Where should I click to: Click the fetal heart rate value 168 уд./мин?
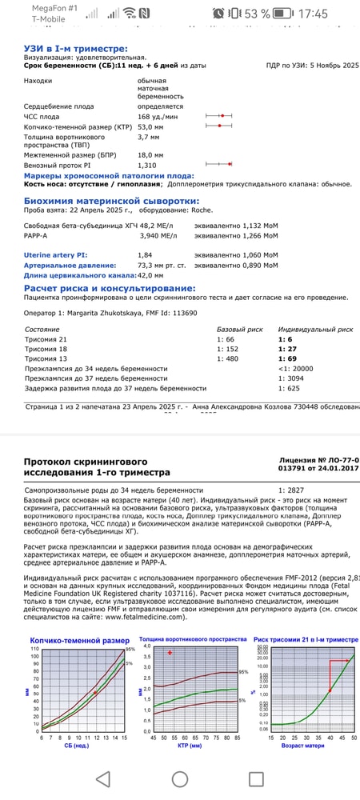(x=161, y=116)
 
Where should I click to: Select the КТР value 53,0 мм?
(x=153, y=126)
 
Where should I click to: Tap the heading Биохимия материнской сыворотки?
(x=100, y=202)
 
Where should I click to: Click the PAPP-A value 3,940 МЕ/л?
(x=162, y=236)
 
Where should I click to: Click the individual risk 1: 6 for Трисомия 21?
(x=284, y=339)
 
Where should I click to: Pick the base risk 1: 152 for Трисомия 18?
(x=228, y=349)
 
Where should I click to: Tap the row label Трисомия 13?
(x=47, y=358)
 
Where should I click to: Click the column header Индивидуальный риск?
(x=315, y=329)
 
